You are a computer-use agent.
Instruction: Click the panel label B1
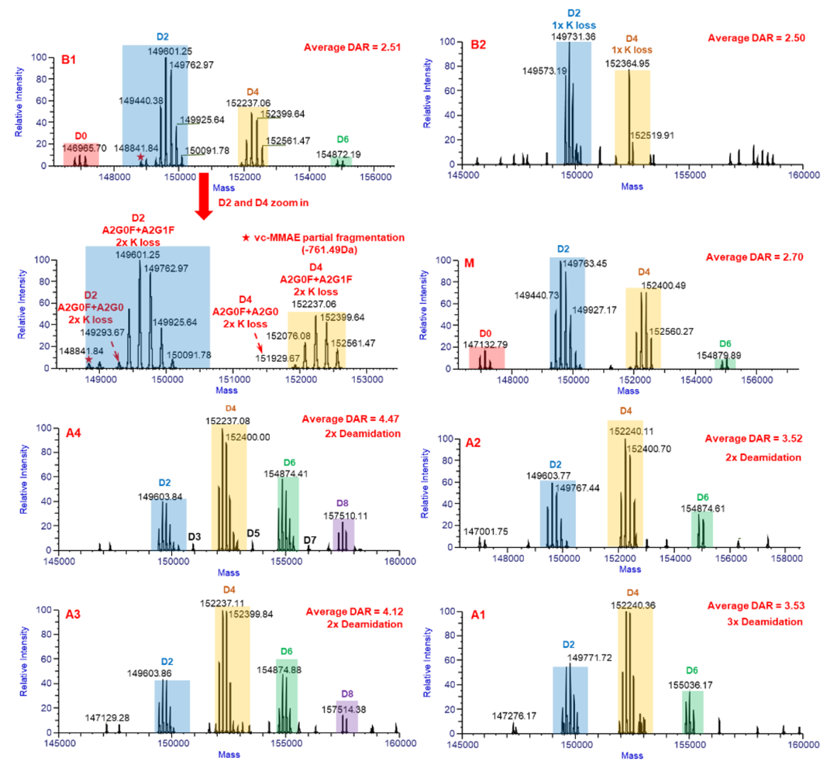72,59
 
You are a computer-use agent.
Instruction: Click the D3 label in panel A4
195,537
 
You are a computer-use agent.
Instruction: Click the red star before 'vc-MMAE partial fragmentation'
246,235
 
